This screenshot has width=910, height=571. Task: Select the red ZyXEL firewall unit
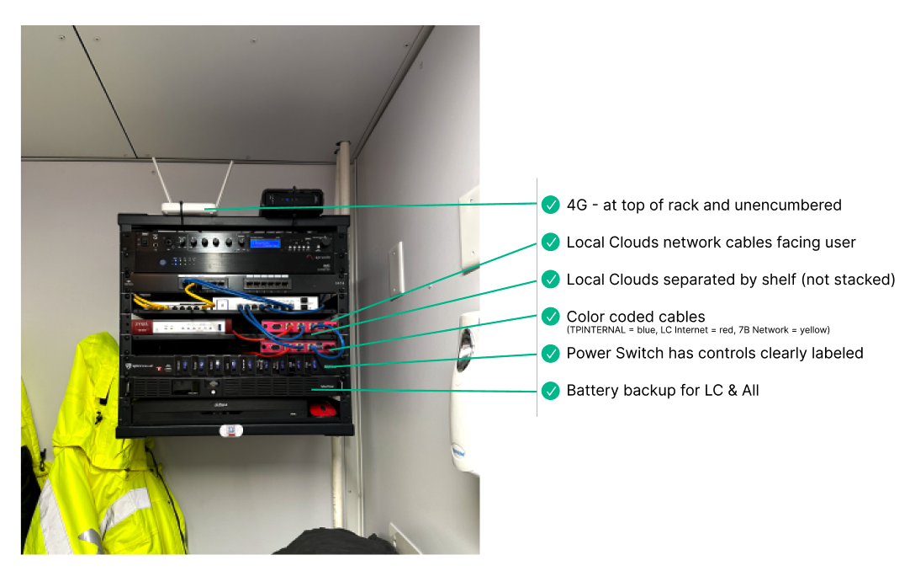[x=180, y=326]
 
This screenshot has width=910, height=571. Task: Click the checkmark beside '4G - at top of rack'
[x=550, y=205]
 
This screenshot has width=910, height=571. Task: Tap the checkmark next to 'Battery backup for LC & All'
[x=550, y=390]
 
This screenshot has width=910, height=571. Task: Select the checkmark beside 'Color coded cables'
[x=550, y=317]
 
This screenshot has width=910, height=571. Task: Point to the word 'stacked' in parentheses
[x=863, y=279]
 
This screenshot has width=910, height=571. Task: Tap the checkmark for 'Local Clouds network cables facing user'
[x=550, y=243]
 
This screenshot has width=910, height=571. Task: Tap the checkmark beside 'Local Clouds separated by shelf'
[x=550, y=279]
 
